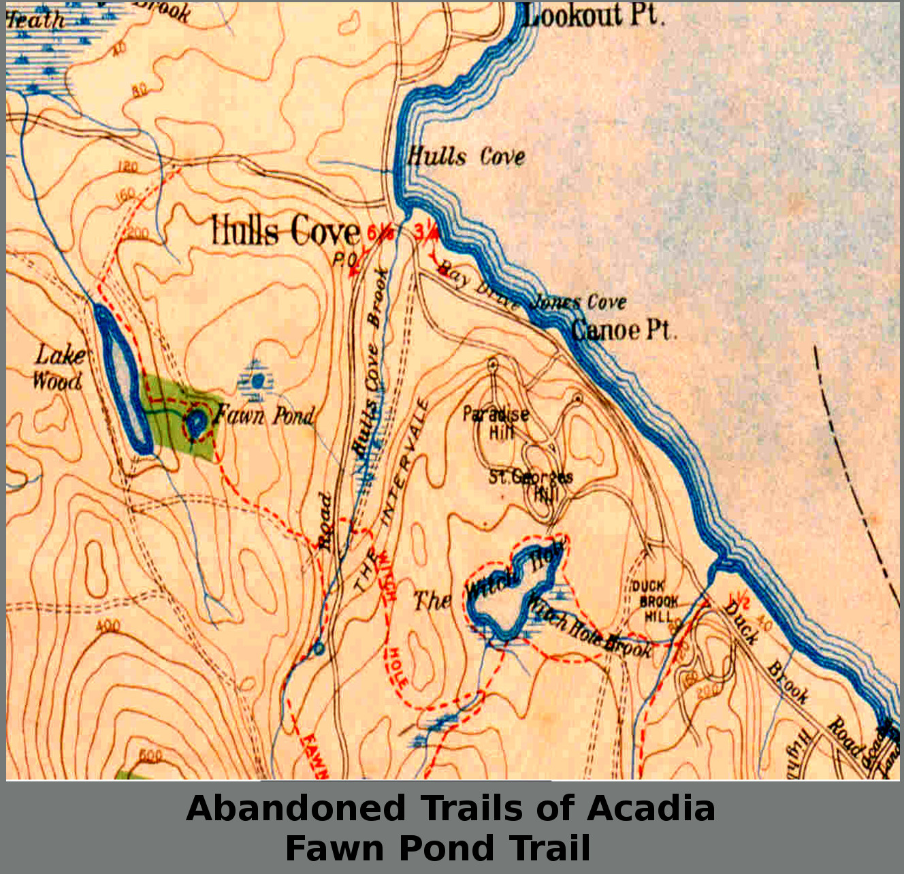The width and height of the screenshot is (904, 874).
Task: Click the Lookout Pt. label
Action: (592, 16)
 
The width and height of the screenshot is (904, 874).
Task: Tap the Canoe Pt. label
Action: (623, 330)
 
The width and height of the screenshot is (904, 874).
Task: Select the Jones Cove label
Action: (579, 302)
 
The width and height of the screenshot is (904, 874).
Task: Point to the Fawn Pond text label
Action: (265, 415)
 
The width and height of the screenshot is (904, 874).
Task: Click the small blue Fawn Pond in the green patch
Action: (195, 425)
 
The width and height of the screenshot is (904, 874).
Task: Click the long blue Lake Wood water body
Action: (123, 378)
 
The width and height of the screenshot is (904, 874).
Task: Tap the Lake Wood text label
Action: (60, 368)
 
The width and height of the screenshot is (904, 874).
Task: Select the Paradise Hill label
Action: (496, 423)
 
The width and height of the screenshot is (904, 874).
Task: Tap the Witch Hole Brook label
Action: (589, 633)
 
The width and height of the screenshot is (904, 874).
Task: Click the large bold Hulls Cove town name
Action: (285, 231)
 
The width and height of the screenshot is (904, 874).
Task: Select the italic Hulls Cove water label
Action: (466, 157)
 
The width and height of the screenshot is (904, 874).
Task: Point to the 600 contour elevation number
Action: (150, 755)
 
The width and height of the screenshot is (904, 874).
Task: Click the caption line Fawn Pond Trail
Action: (438, 848)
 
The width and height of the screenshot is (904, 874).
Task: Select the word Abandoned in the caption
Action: (296, 809)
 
